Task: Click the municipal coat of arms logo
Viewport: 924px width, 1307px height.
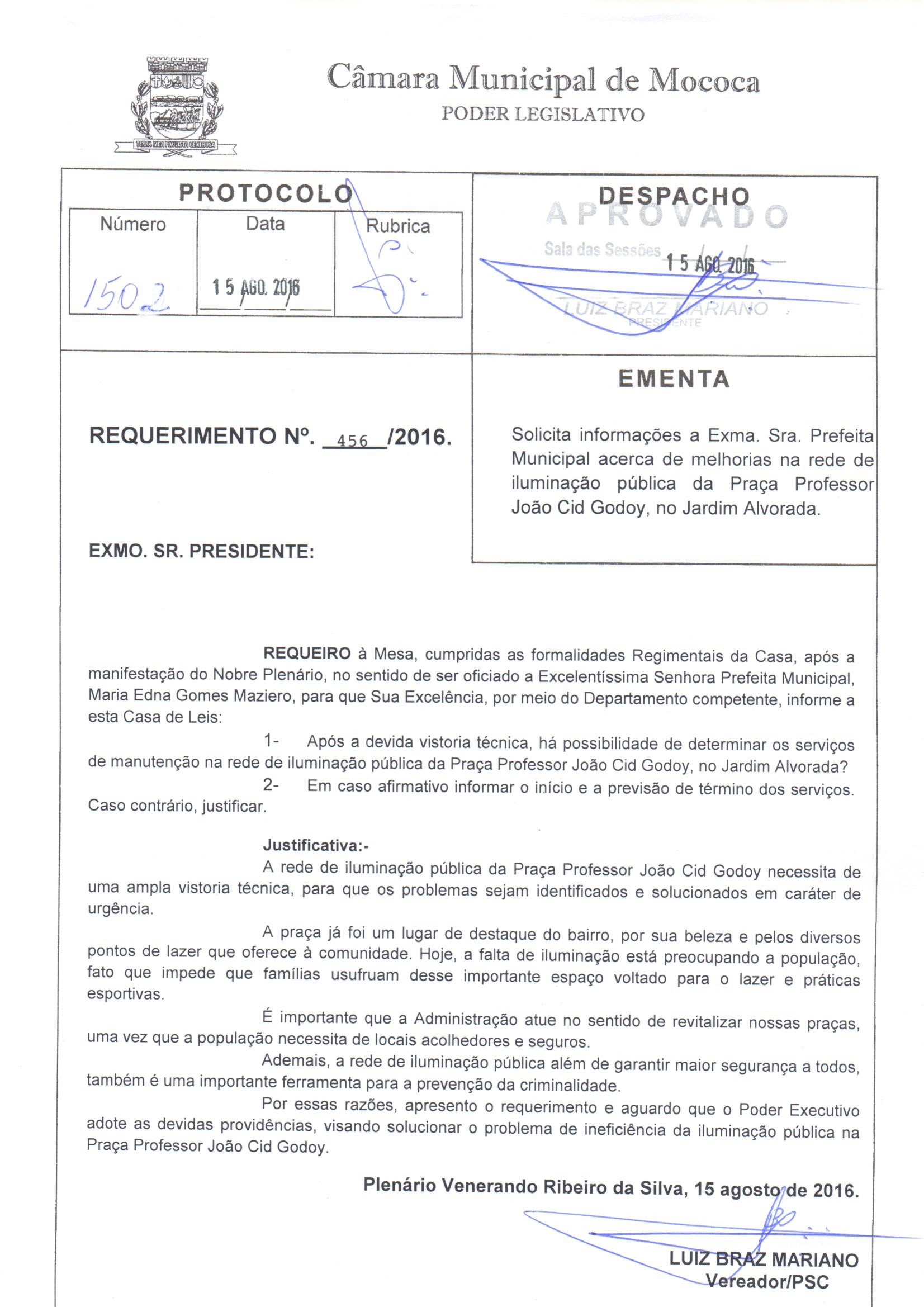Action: click(x=175, y=105)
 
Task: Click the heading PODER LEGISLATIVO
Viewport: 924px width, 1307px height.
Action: click(x=543, y=115)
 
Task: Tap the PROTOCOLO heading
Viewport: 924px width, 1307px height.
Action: click(x=266, y=193)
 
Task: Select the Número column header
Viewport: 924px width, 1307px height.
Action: click(x=132, y=224)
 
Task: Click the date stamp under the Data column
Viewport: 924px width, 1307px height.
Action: click(x=256, y=288)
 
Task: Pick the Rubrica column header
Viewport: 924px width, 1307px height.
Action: click(x=397, y=226)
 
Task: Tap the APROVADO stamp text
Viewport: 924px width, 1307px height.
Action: click(x=667, y=216)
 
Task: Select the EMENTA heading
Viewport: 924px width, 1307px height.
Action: click(x=674, y=379)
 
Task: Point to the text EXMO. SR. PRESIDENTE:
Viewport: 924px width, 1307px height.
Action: click(x=202, y=551)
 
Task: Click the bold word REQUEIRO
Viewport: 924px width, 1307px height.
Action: click(x=307, y=653)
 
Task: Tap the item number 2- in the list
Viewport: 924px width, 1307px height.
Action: click(x=271, y=785)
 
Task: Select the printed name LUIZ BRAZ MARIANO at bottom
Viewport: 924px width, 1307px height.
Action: click(x=764, y=1259)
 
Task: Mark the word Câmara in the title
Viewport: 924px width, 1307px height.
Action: click(x=383, y=80)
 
